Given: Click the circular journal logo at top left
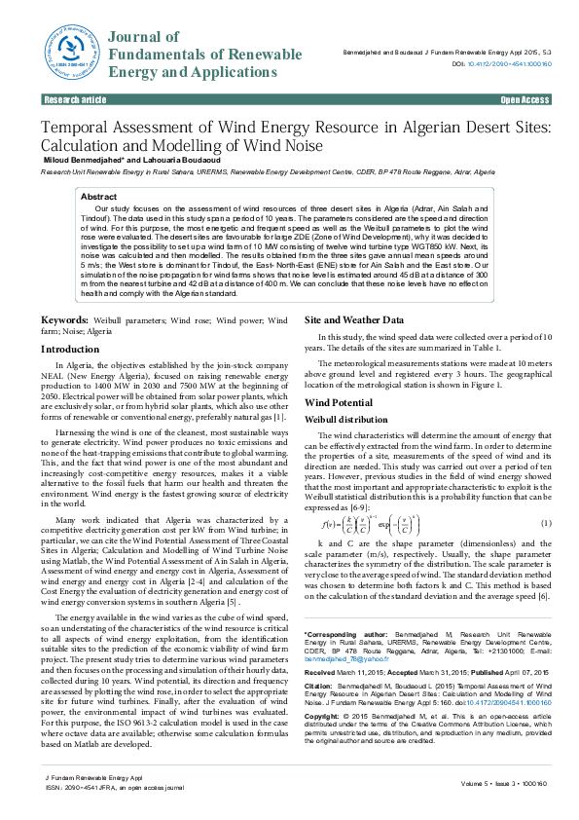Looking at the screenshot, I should click(64, 54).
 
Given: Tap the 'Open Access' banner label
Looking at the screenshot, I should click(525, 100).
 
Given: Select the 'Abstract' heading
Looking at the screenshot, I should click(98, 197).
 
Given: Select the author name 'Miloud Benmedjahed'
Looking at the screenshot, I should click(90, 159).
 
